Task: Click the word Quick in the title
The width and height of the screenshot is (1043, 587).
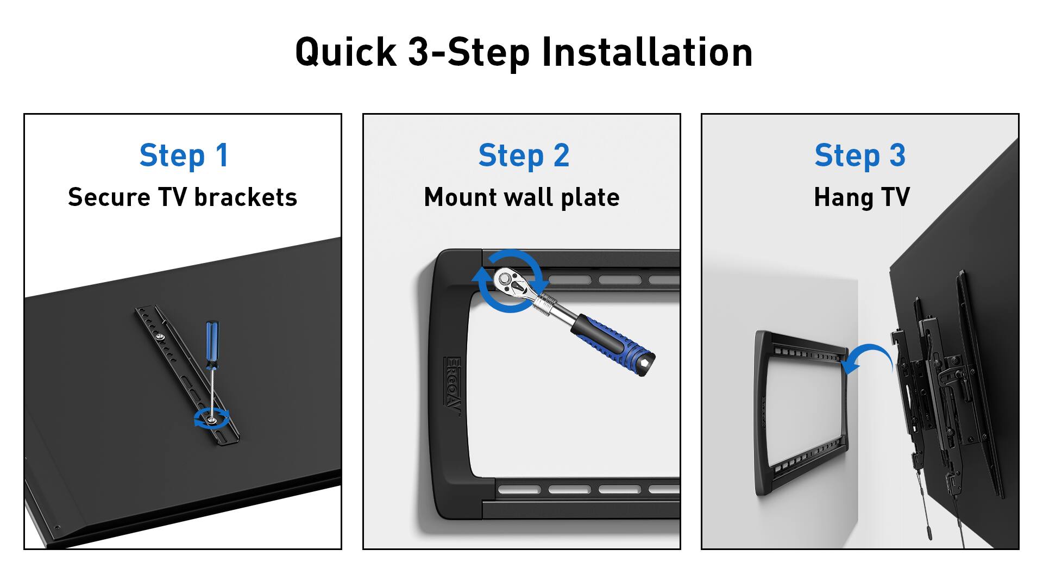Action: click(x=345, y=52)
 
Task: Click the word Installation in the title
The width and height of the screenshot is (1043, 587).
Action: click(x=647, y=52)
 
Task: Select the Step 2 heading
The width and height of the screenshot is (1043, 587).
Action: click(x=523, y=155)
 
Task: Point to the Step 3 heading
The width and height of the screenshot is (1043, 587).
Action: click(x=859, y=155)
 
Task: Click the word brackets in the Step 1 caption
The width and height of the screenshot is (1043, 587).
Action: click(x=246, y=197)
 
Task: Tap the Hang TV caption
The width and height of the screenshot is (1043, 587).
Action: click(x=861, y=197)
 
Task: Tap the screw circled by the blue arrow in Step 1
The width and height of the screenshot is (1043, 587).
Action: click(x=211, y=419)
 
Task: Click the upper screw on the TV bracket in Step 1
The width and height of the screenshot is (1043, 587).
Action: click(x=161, y=338)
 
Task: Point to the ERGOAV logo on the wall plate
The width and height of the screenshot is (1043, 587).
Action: click(x=453, y=386)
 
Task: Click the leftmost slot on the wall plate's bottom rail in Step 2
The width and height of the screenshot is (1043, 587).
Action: click(x=519, y=490)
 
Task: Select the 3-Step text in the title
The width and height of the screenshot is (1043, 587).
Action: click(x=468, y=52)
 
